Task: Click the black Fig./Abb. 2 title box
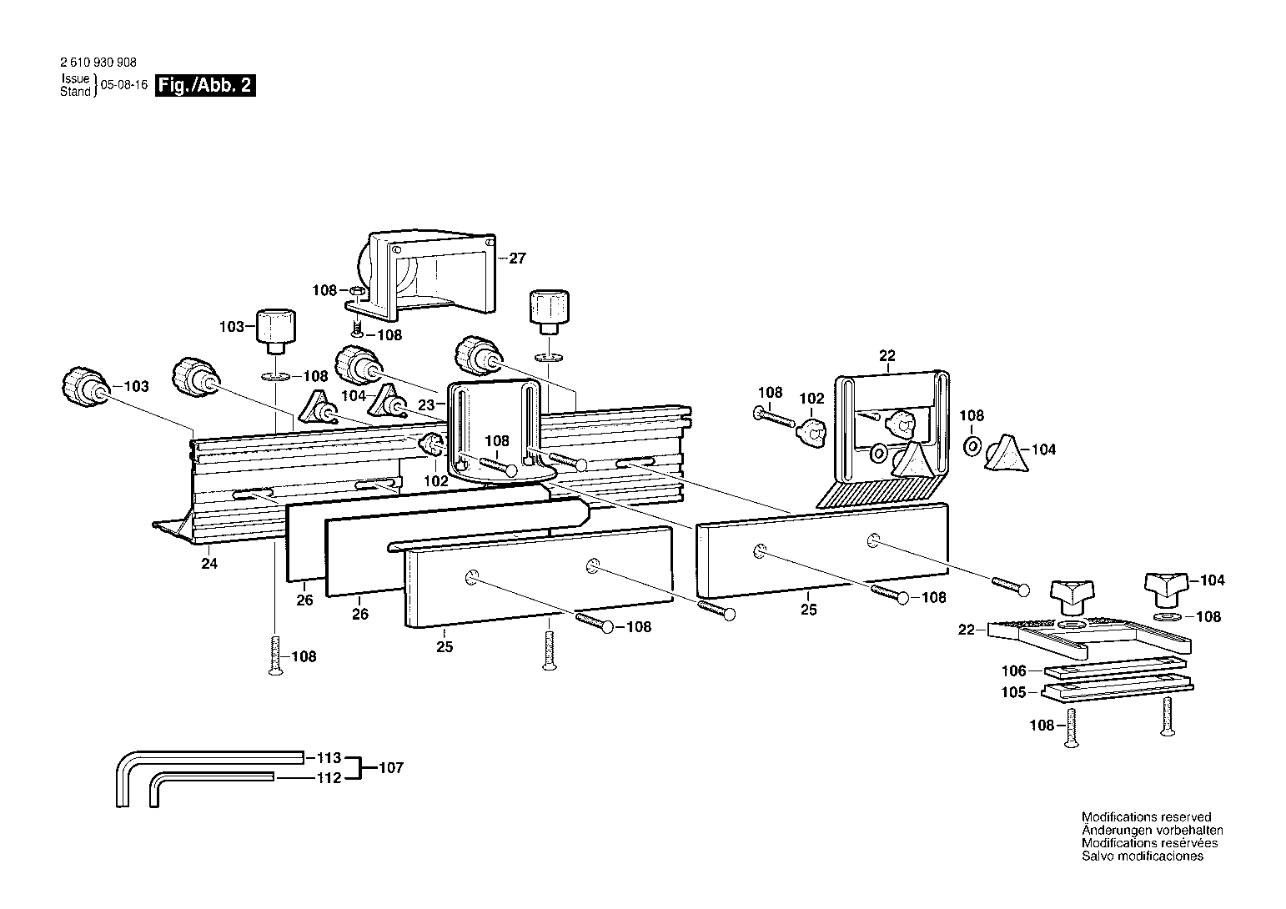tap(205, 85)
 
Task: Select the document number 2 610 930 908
tap(98, 63)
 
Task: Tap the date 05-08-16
tap(124, 85)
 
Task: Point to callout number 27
tap(517, 259)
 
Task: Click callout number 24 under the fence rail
tap(209, 563)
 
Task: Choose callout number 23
tap(426, 404)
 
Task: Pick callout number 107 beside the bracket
tap(391, 767)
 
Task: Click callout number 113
tap(329, 757)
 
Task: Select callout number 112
tap(329, 777)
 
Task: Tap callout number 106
tap(1013, 670)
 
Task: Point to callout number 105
tap(1013, 692)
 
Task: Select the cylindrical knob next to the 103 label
tap(275, 332)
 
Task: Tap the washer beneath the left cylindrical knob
tap(276, 377)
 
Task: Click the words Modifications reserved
tap(1147, 816)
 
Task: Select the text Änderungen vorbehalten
tap(1153, 830)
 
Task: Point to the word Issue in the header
tap(75, 78)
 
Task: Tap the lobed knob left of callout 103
tap(85, 387)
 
